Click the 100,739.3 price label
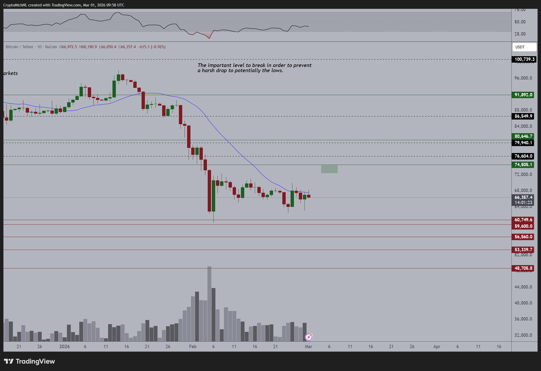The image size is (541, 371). pos(524,59)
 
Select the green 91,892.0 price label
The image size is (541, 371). pos(523,95)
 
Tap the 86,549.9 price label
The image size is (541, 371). pos(523,116)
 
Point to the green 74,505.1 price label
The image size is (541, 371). pos(523,165)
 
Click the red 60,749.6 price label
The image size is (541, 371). pos(523,220)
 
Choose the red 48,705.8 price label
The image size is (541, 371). pos(523,268)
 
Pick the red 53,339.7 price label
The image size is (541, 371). pos(523,249)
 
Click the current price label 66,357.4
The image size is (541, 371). pos(523,197)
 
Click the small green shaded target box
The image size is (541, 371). pos(329,169)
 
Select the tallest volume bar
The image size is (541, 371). pos(209,303)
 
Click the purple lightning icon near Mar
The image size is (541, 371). pos(309,337)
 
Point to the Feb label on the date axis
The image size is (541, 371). pos(193,347)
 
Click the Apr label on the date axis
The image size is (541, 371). pos(437,347)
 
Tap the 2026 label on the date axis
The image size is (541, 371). pos(64,347)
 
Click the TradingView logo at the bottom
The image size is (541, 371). pos(29,362)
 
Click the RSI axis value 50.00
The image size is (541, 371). pos(520,22)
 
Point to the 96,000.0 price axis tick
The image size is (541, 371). pos(523,78)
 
